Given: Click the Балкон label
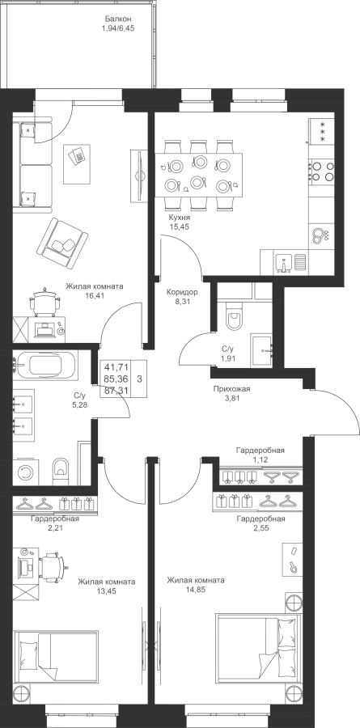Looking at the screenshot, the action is [118, 19].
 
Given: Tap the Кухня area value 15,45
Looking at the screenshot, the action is [180, 226].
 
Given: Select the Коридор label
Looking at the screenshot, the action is [182, 293].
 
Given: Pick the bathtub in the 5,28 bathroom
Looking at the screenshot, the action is [45, 365].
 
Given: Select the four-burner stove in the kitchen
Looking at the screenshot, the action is [321, 171].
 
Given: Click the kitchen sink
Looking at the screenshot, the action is [284, 262].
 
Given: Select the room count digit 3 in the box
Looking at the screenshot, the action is [139, 379].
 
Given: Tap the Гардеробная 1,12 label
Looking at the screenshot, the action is [260, 455].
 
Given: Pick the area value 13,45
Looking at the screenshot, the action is [106, 591].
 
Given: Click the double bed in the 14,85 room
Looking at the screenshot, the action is [259, 649].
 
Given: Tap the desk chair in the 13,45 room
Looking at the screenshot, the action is [51, 566].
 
